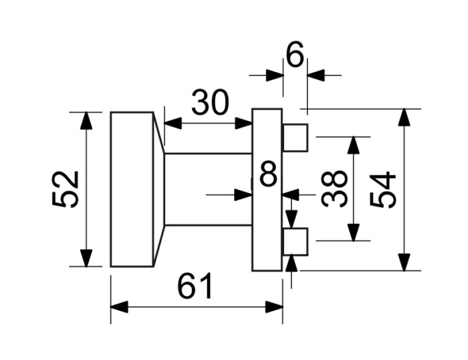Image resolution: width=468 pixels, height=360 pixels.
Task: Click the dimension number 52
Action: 65,189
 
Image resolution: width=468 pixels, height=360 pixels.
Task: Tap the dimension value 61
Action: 195,286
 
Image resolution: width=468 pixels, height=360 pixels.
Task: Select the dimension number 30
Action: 210,103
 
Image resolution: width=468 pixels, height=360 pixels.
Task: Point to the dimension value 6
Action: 295,54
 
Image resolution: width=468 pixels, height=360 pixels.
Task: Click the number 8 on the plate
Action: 268,174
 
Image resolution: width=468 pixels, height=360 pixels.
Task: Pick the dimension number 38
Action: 334,188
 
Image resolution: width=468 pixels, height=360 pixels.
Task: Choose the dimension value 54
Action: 382,190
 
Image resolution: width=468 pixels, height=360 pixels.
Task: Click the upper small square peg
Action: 296,138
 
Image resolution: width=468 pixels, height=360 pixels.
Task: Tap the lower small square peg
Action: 296,242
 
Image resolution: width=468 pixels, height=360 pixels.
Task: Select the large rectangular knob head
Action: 132,190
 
